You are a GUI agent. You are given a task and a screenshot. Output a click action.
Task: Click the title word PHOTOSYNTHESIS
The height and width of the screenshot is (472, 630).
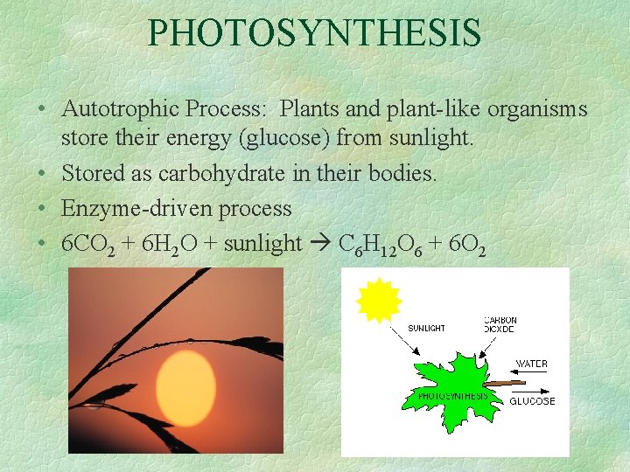pyautogui.click(x=314, y=33)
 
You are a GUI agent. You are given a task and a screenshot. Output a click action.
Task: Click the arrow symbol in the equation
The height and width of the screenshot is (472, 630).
pyautogui.click(x=318, y=244)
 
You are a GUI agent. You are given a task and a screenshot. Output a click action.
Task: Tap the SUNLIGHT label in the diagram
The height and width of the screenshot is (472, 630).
pyautogui.click(x=427, y=328)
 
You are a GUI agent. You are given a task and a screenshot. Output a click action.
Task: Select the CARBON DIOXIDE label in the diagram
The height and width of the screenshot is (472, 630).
pyautogui.click(x=500, y=324)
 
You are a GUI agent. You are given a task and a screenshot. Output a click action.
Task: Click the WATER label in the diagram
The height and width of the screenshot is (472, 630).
pyautogui.click(x=532, y=363)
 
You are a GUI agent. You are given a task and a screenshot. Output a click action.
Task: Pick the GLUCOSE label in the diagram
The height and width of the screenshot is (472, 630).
pyautogui.click(x=532, y=401)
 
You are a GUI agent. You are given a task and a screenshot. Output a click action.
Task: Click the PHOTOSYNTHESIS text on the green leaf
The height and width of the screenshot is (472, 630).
pyautogui.click(x=452, y=396)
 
